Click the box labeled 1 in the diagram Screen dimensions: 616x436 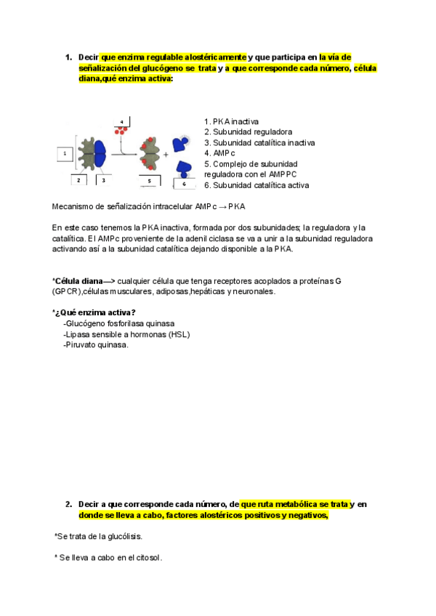pos(65,154)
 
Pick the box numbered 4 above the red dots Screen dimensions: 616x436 pos(121,121)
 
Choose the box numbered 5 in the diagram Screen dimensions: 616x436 pos(149,179)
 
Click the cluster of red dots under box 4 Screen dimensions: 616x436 pos(121,131)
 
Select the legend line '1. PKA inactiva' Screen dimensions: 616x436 pos(231,121)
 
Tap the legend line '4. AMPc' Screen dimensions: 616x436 pos(220,153)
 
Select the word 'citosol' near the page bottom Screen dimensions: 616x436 pos(147,558)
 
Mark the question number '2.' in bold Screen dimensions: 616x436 pos(68,504)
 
